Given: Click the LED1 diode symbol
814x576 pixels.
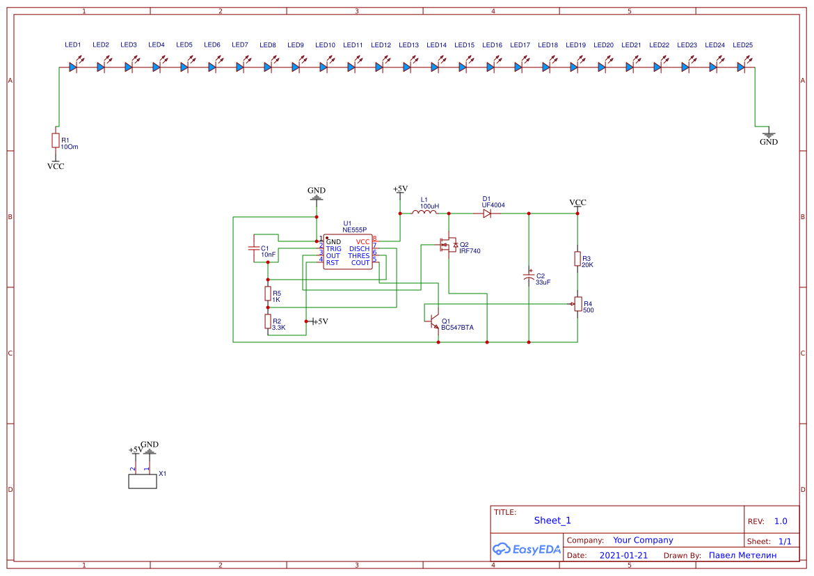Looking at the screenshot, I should click(73, 67).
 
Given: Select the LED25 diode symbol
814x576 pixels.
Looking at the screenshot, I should click(741, 67).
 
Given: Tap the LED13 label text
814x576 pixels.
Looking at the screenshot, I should click(409, 45).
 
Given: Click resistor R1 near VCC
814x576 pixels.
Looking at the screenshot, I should click(56, 141).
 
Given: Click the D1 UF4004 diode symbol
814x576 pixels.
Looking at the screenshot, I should click(487, 214).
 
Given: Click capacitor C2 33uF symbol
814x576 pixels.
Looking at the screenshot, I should click(529, 277).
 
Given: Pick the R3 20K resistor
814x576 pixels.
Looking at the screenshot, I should click(577, 259).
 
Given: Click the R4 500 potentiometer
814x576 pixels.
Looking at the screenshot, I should click(577, 304).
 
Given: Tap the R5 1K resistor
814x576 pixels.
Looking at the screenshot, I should click(267, 293).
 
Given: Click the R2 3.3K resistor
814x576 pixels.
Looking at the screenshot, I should click(267, 321).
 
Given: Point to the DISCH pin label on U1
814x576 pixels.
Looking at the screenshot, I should click(359, 248).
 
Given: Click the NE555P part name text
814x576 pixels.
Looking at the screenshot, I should click(354, 230).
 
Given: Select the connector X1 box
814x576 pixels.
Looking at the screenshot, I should click(143, 481).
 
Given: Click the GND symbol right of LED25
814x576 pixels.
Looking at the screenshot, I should click(768, 135).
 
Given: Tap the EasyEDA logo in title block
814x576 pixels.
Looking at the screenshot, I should click(527, 549).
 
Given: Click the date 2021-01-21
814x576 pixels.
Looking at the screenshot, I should click(623, 555).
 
